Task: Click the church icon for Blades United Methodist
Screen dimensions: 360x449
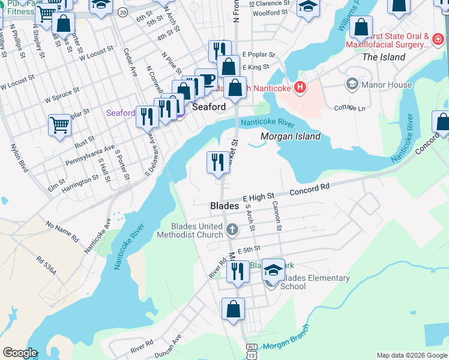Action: click(232, 229)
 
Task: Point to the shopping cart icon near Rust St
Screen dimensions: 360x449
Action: click(60, 126)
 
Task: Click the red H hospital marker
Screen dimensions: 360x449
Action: click(300, 89)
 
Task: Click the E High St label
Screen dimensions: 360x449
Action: click(258, 196)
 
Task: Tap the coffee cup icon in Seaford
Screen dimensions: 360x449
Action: click(206, 80)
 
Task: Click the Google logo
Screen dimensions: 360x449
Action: click(19, 353)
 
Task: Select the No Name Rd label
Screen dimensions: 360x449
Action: click(62, 230)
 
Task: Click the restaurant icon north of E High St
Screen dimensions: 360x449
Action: click(218, 162)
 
